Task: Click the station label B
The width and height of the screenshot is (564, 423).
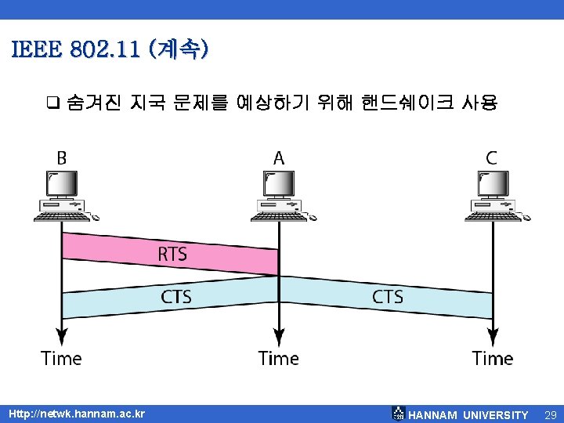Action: tap(61, 157)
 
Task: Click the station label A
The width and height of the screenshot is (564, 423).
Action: tap(279, 157)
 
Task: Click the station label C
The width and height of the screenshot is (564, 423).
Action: tap(491, 157)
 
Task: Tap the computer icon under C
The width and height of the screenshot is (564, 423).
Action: tap(493, 196)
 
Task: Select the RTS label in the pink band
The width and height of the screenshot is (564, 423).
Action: tap(172, 255)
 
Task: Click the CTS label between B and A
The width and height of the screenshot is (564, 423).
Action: tap(176, 297)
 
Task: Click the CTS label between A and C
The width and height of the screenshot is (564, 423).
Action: tap(388, 297)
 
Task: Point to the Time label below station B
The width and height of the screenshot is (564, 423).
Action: tap(61, 359)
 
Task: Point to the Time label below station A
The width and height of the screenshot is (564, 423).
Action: tap(279, 359)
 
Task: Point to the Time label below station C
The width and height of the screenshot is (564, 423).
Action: tap(493, 359)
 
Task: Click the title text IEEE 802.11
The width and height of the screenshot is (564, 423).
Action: tap(77, 50)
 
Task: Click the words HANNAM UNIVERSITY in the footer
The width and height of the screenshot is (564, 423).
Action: tap(468, 414)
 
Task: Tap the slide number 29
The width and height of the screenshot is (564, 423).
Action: tap(549, 414)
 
